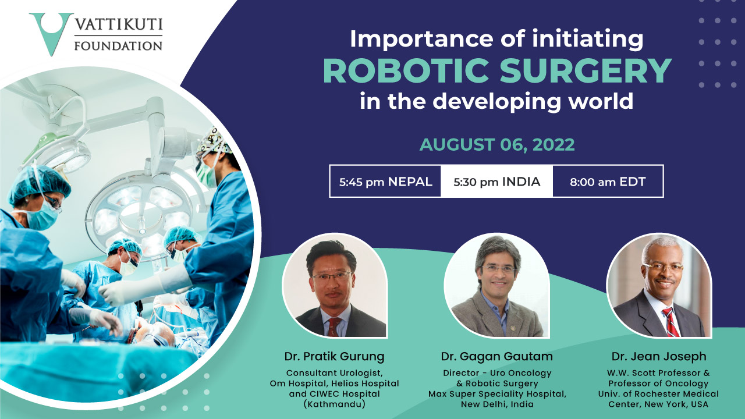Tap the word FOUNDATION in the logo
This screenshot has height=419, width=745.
point(118,46)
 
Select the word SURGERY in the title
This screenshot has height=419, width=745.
point(586,71)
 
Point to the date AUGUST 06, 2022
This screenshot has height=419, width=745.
point(497,145)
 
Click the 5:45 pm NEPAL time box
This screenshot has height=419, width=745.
point(385,182)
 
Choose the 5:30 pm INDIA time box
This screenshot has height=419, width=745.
point(497,182)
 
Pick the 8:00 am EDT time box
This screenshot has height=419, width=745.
point(608,182)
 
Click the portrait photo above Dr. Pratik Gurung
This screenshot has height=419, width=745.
point(335,285)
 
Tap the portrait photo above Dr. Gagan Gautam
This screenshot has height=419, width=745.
point(496,285)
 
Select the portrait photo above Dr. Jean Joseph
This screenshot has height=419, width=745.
point(659,285)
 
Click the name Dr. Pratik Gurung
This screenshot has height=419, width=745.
point(334,357)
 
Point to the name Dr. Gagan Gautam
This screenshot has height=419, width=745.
point(497,357)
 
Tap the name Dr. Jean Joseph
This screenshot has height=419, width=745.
point(659,357)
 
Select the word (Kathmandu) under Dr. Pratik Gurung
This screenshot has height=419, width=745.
point(334,404)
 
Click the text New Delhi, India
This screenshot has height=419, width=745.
point(497,404)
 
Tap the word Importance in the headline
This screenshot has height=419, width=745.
point(421,40)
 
